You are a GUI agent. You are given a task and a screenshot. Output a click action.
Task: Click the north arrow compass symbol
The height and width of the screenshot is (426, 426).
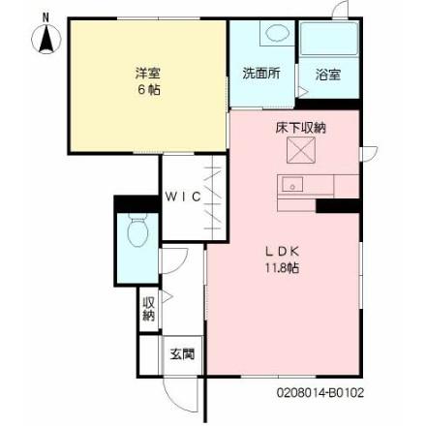point(44,40)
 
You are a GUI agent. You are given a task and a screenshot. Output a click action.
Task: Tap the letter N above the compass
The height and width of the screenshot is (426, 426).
point(44,16)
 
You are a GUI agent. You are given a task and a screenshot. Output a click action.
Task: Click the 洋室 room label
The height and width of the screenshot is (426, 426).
point(147,72)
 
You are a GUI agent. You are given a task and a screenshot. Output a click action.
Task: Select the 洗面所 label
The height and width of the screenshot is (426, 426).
point(259,75)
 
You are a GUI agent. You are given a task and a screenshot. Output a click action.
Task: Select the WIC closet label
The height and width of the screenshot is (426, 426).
point(182,196)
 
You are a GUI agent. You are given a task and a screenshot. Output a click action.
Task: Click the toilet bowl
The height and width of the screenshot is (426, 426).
point(137,232)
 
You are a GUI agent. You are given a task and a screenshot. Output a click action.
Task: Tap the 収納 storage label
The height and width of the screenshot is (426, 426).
point(149,309)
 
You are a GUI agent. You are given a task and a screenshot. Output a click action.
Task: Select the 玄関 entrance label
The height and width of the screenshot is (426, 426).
point(181,353)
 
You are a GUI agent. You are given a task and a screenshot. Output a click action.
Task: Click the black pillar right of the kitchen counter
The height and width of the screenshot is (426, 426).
point(338,205)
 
